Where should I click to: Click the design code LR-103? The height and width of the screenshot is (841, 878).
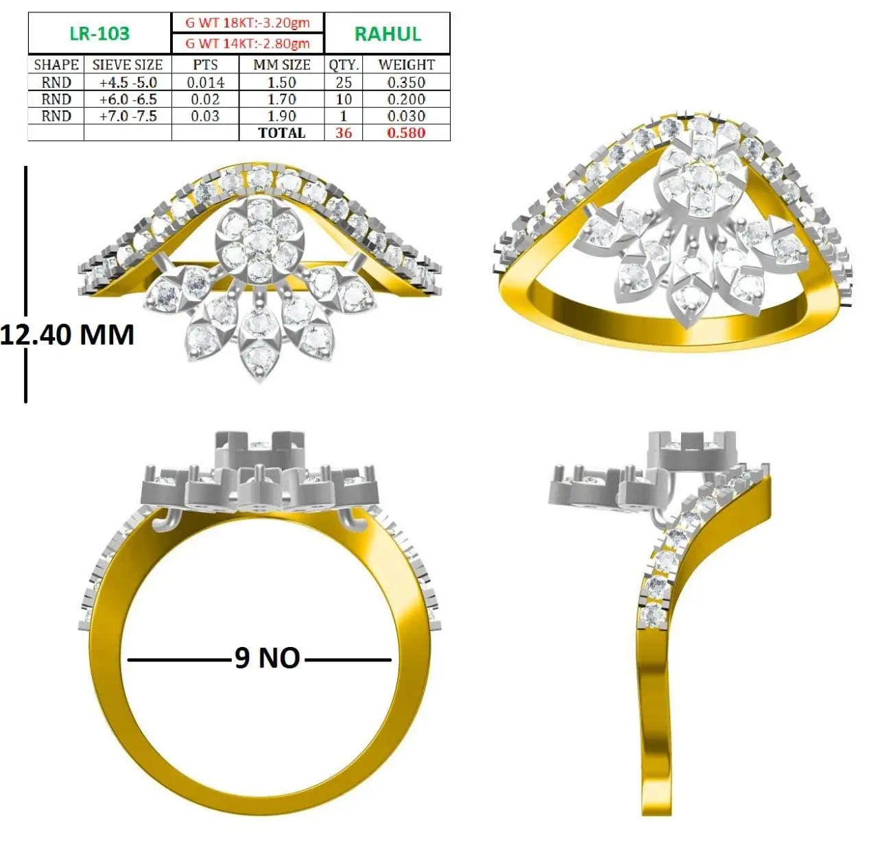pos(99,34)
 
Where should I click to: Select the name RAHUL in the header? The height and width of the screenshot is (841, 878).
pos(388,34)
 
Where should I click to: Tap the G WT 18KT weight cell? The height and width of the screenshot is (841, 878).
pos(248,23)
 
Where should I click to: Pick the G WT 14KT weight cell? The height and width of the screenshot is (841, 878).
pos(248,44)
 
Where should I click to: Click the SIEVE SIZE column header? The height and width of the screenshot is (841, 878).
pos(128,65)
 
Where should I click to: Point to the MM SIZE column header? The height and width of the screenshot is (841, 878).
pos(282,65)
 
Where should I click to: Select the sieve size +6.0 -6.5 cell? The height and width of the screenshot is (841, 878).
pos(128,99)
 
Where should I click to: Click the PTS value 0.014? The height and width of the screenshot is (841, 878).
pos(205,82)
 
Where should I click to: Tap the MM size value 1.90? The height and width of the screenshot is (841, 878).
pos(281,116)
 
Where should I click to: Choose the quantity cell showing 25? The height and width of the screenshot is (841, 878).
pos(344,82)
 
